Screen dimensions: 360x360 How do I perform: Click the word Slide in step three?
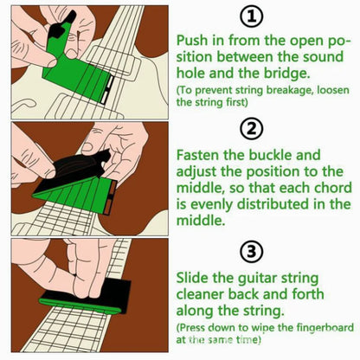coord(194,279)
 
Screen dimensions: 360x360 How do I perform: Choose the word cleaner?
coord(206,295)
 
